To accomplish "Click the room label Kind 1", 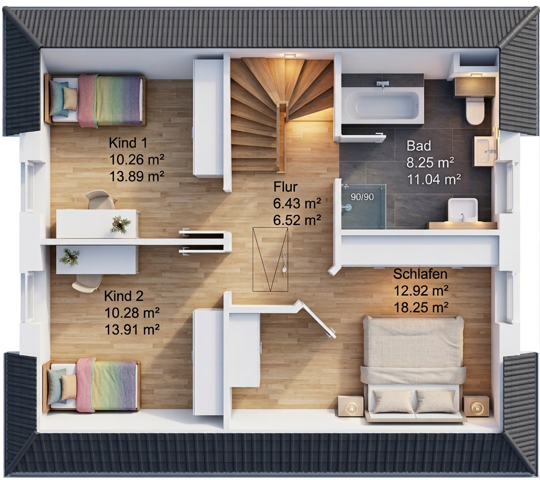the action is click(x=128, y=143).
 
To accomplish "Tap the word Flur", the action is click(x=285, y=187).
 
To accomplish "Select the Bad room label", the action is click(x=418, y=146).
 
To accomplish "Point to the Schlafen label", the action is click(x=420, y=274).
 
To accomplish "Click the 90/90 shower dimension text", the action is click(x=362, y=197).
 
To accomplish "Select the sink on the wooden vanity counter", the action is click(x=463, y=210).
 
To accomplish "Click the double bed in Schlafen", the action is click(x=413, y=368).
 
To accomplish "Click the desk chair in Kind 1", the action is click(x=100, y=200).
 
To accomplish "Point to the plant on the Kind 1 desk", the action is click(x=120, y=224).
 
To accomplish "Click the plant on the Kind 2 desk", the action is click(x=69, y=257).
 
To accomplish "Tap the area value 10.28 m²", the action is click(x=132, y=313).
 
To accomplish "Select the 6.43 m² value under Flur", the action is click(x=297, y=203).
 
